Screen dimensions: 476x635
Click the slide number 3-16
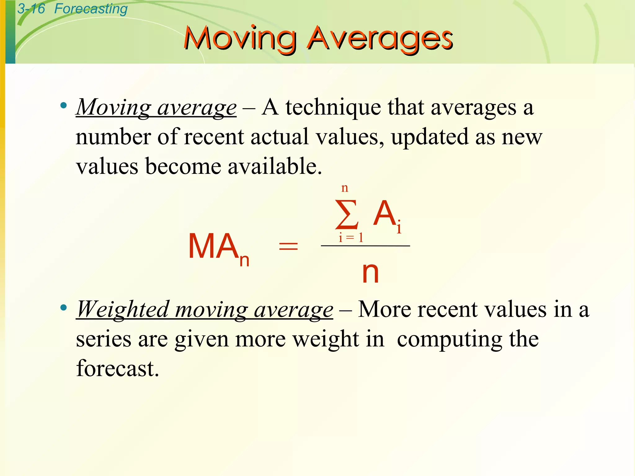click(x=31, y=9)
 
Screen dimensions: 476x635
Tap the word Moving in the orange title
click(x=240, y=38)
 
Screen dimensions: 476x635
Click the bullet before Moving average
click(x=64, y=106)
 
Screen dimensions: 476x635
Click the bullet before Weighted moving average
click(x=64, y=308)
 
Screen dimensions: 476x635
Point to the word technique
click(x=333, y=108)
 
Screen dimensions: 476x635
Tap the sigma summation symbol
click(x=347, y=214)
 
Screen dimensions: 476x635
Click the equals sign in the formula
click(x=288, y=247)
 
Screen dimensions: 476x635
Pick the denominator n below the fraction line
click(x=370, y=272)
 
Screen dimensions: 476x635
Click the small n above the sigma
click(x=344, y=188)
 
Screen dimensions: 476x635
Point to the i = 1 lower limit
click(x=351, y=238)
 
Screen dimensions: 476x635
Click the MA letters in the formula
click(x=213, y=246)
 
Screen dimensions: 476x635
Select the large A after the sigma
click(x=384, y=213)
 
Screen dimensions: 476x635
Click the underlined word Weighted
click(x=123, y=309)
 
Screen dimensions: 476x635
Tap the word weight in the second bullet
click(x=326, y=339)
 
